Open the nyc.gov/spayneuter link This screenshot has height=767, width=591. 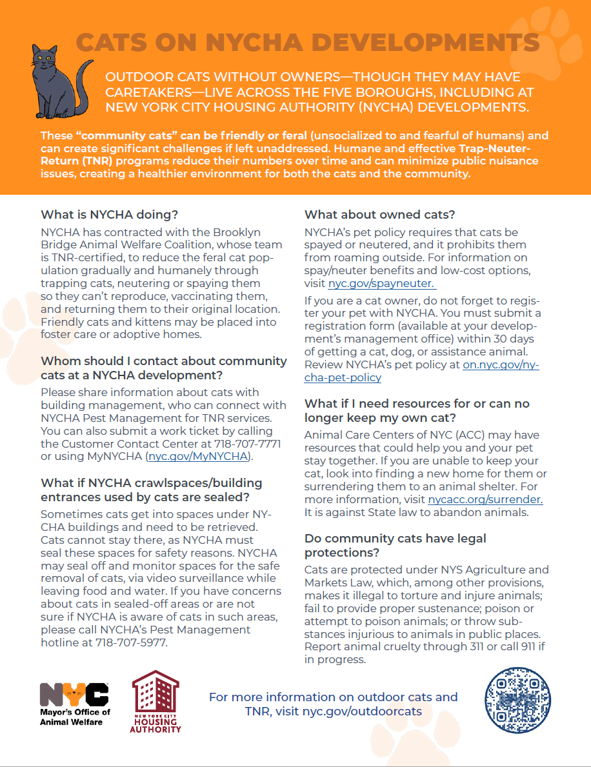[381, 284]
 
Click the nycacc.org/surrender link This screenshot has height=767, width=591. [485, 499]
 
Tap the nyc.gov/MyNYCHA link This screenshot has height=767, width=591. [197, 457]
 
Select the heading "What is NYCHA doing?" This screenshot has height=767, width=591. [109, 214]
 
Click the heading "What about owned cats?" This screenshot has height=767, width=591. [379, 214]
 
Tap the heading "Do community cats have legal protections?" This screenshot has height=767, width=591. [395, 545]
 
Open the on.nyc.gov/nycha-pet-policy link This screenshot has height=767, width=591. [500, 365]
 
